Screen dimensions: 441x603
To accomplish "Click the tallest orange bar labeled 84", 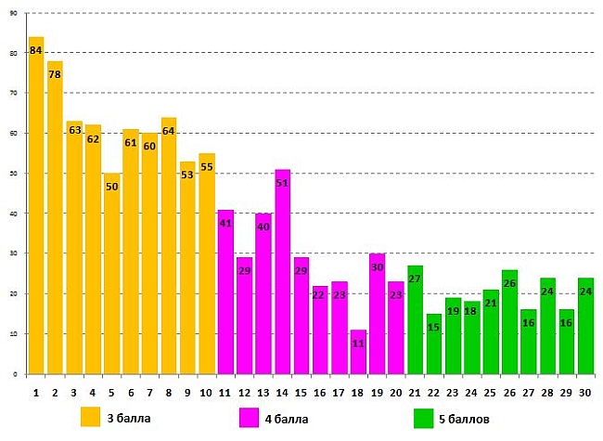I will (x=36, y=204).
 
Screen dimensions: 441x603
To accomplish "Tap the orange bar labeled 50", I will (x=112, y=274).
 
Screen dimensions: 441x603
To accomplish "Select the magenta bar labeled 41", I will (x=225, y=292).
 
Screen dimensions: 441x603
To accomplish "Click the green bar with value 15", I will (x=434, y=344).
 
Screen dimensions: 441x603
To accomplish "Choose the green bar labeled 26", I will (x=509, y=321).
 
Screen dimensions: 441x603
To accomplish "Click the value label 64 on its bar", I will (x=169, y=130).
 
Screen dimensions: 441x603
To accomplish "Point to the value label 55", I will (x=207, y=168).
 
